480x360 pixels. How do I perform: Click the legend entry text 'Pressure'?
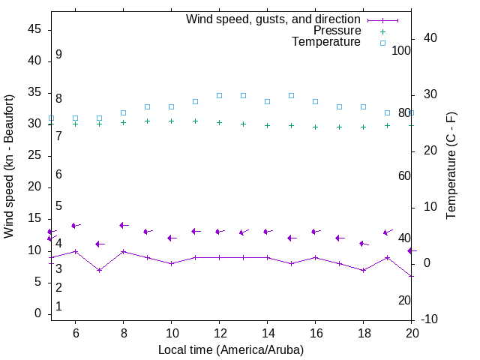coord(337,31)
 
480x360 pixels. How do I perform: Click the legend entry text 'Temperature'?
coord(326,42)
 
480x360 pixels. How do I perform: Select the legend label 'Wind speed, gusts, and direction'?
coord(274,19)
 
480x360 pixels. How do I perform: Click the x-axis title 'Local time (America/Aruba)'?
coord(231,349)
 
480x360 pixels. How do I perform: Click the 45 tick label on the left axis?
coord(34,29)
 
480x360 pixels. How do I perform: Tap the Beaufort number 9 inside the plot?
coord(58,55)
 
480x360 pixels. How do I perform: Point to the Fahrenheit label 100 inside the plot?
coord(401,50)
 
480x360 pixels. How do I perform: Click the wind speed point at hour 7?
coord(99,270)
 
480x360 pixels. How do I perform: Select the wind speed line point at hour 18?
coord(363,270)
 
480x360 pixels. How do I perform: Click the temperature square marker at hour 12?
coord(219,95)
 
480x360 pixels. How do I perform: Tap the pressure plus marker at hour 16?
coord(315,127)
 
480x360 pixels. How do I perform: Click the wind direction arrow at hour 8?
coord(124,225)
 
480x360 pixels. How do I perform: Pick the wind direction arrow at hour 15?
coord(292,238)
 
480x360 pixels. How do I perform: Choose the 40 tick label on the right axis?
coord(430,38)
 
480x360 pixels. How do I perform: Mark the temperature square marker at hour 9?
coord(147,106)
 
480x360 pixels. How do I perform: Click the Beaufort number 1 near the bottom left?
coord(58,307)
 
